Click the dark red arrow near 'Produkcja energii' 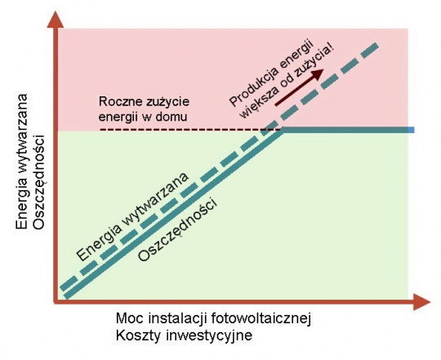[x=299, y=87]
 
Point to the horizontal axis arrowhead [x=421, y=302]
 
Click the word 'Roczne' [x=120, y=101]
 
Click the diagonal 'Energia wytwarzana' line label [x=132, y=217]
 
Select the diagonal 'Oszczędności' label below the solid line [x=178, y=230]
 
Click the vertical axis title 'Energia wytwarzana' [x=22, y=162]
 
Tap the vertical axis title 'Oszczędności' [x=39, y=182]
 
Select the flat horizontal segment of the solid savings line [x=348, y=130]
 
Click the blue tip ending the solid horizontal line [x=412, y=130]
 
